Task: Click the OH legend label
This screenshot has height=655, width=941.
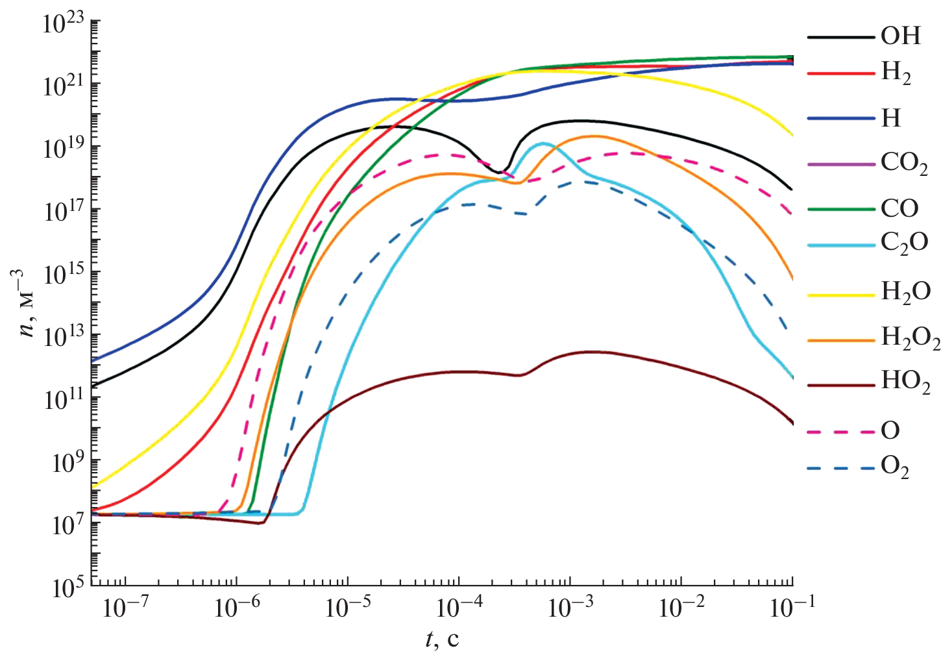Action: pos(900,36)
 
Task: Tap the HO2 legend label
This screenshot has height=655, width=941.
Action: pos(905,382)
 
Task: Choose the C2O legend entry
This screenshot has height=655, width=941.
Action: pos(904,243)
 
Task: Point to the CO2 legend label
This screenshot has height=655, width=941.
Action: pos(903,163)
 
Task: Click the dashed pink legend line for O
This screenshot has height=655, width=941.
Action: pos(840,431)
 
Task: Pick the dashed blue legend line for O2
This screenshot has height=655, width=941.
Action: pos(840,468)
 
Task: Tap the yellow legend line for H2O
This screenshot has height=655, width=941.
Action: pos(840,294)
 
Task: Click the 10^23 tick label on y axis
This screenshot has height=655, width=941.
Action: pos(64,23)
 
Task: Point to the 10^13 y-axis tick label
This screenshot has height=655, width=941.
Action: pos(64,336)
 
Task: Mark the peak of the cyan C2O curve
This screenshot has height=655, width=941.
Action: pos(543,143)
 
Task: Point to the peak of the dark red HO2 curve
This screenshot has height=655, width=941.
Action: pos(591,352)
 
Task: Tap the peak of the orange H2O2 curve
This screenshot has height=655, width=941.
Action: pos(594,136)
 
